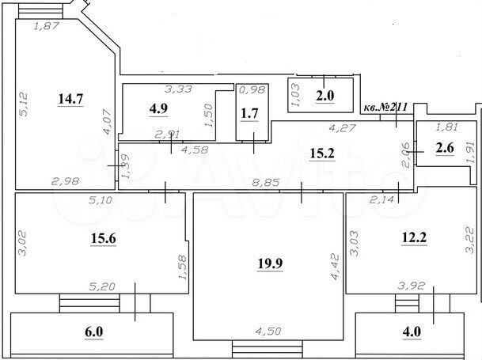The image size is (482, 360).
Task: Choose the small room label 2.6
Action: tap(444, 146)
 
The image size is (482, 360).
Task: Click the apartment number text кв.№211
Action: tap(387, 105)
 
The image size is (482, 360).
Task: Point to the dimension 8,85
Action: tap(264, 182)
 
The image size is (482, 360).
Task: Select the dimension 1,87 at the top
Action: tap(47, 26)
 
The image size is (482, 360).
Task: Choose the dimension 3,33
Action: tap(176, 89)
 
